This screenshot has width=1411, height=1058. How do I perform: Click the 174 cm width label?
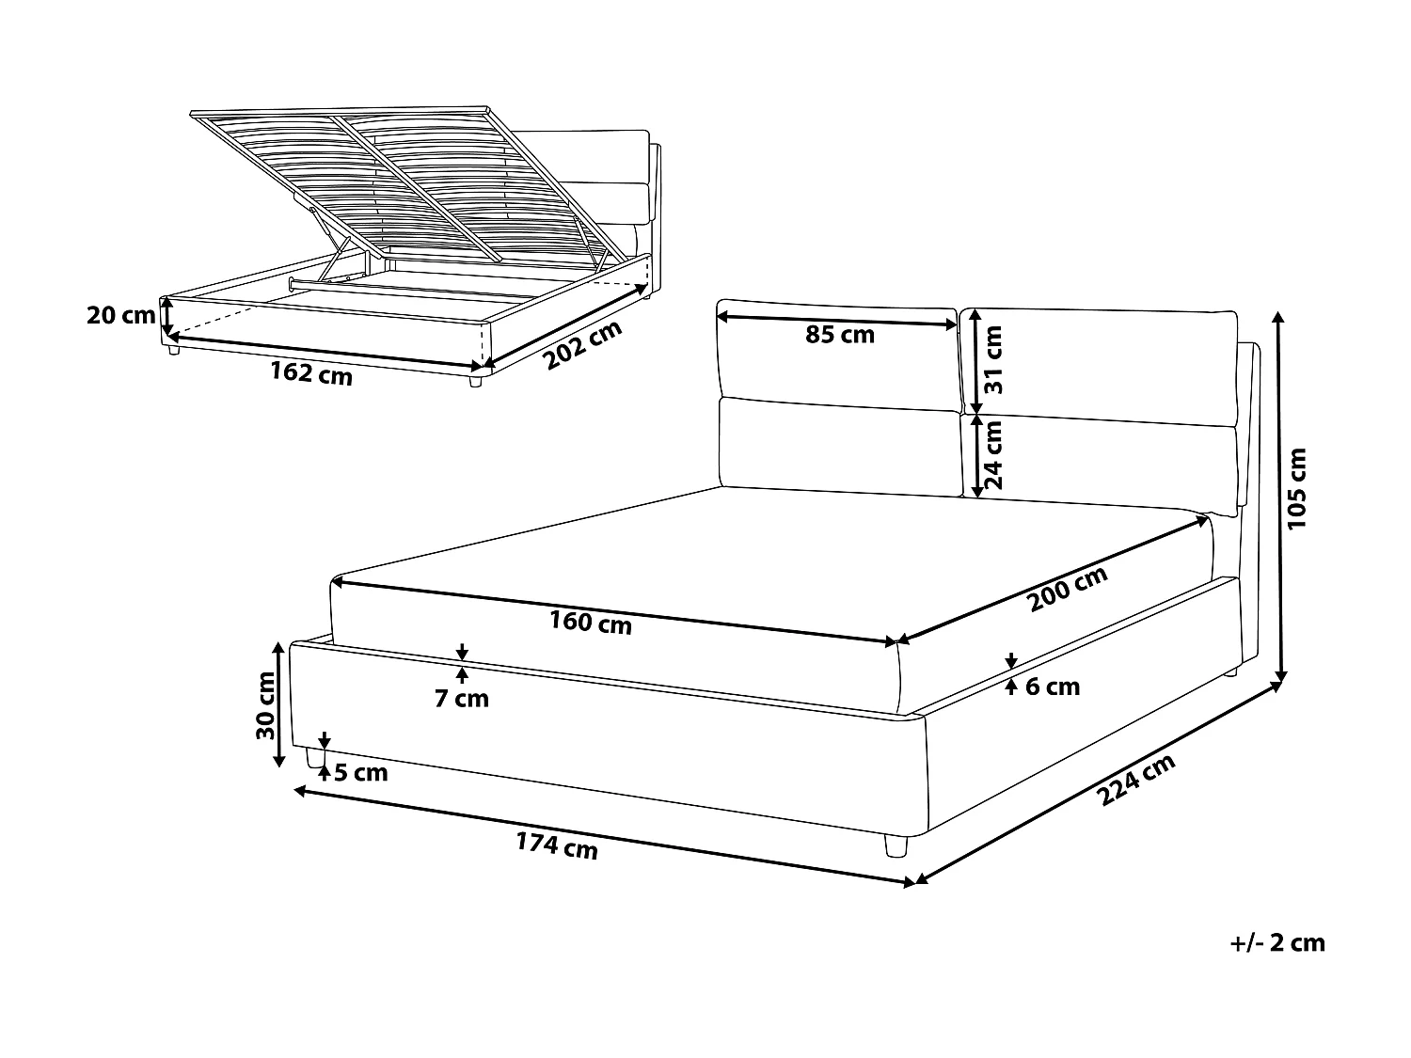coord(556,846)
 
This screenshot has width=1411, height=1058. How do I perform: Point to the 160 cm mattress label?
coord(591,622)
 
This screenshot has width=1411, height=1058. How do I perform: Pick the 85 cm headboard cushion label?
coord(840,334)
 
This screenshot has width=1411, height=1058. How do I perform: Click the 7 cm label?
coord(461,699)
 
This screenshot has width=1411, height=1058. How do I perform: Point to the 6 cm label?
coord(1052,687)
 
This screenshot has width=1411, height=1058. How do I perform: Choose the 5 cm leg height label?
coord(360,773)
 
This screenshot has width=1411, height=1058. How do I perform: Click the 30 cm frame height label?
coord(264,705)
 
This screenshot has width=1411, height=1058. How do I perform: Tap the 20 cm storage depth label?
coord(120,315)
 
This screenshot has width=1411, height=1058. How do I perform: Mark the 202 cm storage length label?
coord(583,345)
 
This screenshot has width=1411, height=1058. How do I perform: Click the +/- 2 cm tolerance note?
coord(1276,942)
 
